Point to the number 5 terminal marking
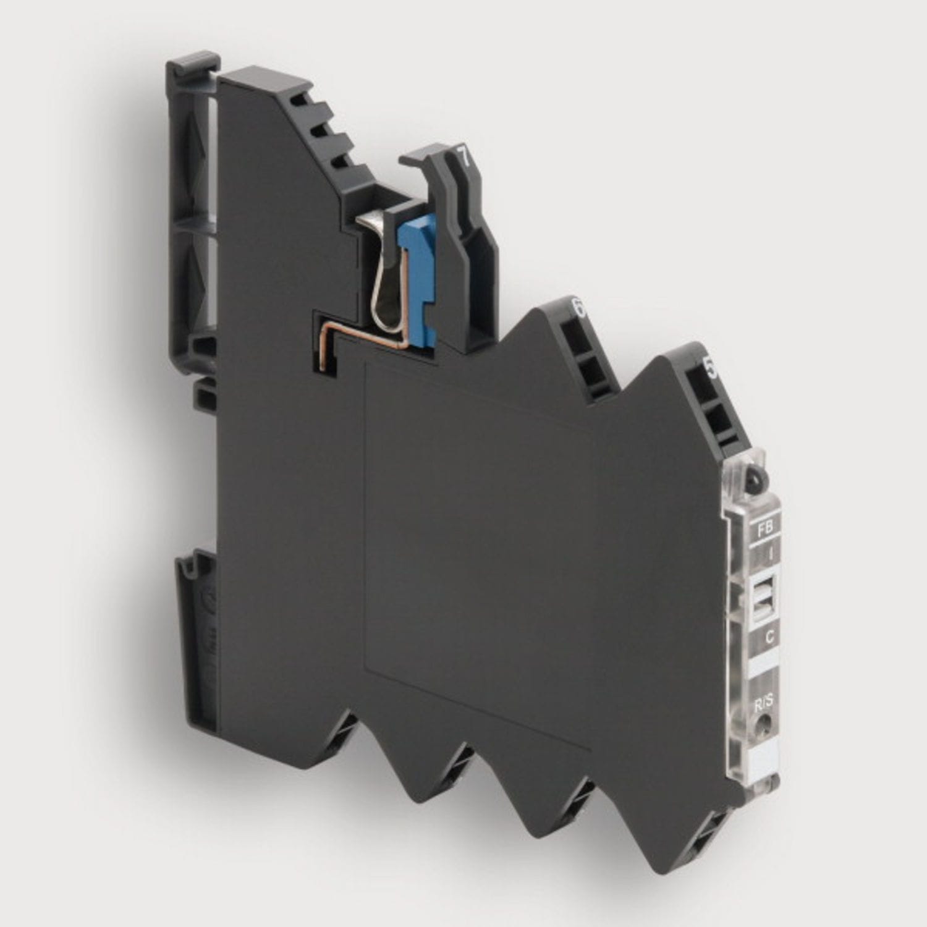pos(711,369)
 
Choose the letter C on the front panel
pos(770,637)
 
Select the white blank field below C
pos(765,663)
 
